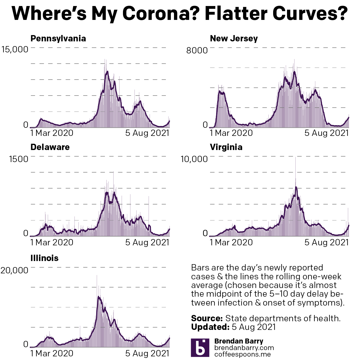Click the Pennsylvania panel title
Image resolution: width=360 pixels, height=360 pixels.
(58, 38)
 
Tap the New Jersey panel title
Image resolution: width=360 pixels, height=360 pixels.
(234, 38)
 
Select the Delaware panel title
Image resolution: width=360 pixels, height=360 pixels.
(50, 147)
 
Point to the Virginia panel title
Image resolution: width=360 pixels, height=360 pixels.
(226, 147)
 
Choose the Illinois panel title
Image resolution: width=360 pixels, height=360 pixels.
(44, 258)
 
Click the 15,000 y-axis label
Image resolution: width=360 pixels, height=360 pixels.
(15, 49)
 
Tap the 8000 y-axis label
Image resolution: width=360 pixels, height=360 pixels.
(197, 50)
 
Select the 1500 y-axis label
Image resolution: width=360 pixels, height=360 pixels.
(18, 159)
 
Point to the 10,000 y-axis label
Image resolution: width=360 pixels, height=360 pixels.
(194, 159)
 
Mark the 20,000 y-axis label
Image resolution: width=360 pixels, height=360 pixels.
(14, 270)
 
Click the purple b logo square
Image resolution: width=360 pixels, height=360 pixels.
(200, 348)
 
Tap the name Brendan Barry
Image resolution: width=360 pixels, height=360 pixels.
(239, 341)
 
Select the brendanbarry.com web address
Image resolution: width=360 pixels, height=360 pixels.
(244, 348)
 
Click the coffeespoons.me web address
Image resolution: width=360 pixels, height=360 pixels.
(243, 354)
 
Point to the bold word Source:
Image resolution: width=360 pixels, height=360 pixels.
(207, 318)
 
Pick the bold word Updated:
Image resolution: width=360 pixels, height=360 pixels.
(210, 327)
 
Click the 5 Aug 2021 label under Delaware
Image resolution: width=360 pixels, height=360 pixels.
(147, 242)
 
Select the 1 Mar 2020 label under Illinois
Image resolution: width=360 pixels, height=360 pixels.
(52, 353)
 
